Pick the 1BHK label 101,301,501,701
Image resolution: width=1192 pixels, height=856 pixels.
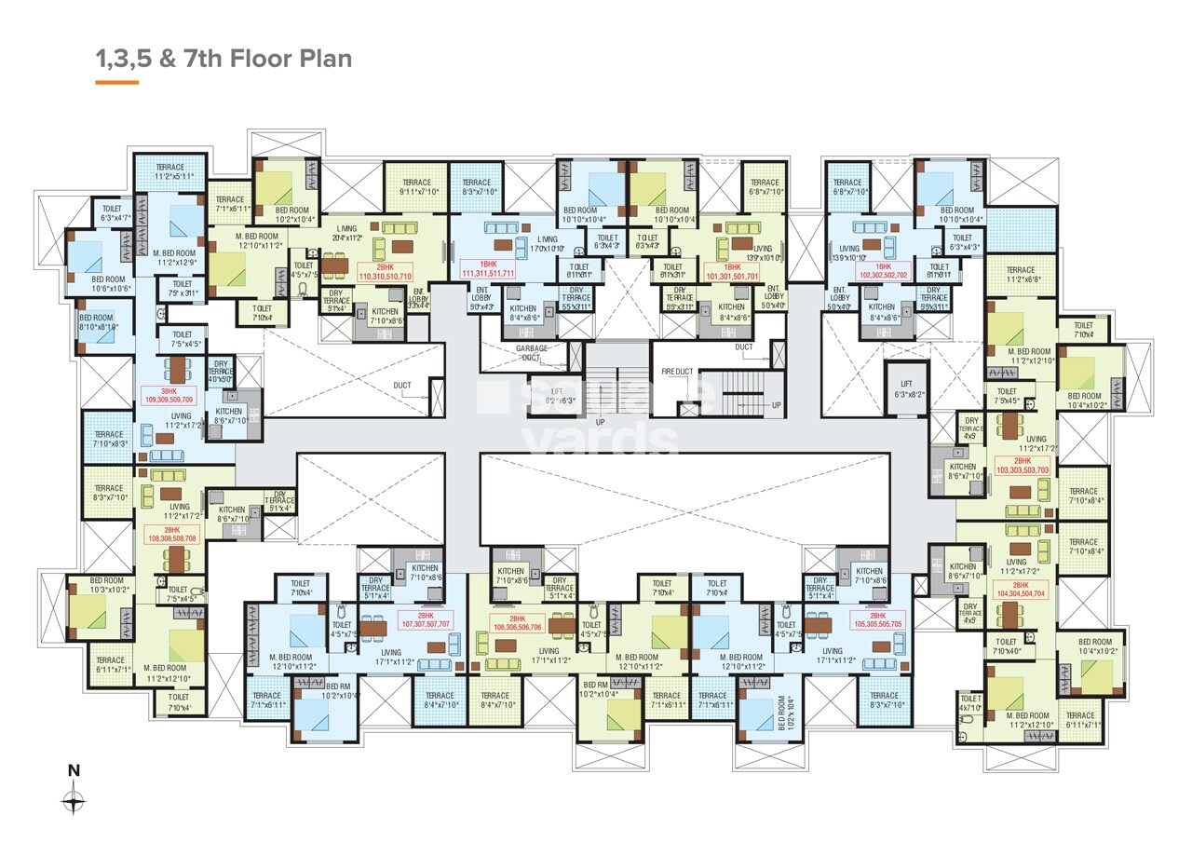(x=733, y=271)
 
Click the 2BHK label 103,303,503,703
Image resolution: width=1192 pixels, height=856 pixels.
(x=1022, y=466)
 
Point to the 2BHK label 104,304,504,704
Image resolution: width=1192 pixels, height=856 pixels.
(x=1022, y=588)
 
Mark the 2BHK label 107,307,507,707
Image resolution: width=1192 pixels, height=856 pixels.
(x=426, y=620)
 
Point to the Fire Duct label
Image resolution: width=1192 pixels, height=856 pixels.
(x=677, y=372)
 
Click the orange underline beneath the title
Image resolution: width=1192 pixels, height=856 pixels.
(x=116, y=83)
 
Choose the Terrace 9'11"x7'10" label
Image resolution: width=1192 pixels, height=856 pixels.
(x=416, y=187)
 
